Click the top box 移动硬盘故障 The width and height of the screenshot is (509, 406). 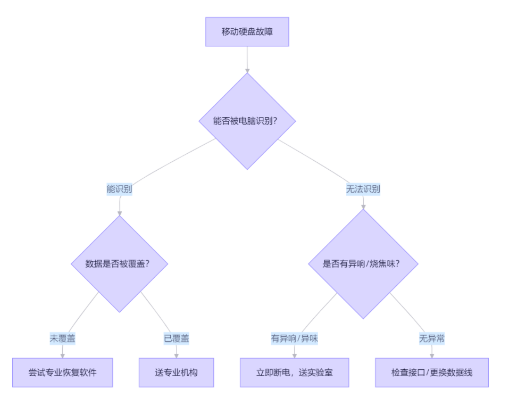pos(247,32)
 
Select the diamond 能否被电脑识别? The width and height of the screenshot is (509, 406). pos(247,121)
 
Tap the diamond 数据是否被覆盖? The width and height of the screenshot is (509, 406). pos(120,263)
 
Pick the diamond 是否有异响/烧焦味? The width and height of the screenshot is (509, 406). pos(363,263)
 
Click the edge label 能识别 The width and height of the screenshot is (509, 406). pos(120,189)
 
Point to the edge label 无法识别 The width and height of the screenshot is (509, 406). pos(363,189)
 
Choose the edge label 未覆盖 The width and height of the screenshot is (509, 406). pos(63,338)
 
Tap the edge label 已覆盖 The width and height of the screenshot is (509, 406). pos(176,338)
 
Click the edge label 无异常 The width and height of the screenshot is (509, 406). pos(431,338)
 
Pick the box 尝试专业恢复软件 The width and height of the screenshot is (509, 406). pos(63,372)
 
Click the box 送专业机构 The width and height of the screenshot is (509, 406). pos(176,372)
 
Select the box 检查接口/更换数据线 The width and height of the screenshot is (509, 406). pos(431,372)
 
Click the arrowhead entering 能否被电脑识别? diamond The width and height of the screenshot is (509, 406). pos(247,70)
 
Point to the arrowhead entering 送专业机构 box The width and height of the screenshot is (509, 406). pos(176,355)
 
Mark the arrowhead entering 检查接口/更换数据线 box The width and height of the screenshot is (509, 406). pos(431,355)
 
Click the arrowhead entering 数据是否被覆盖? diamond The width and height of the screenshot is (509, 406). pos(120,213)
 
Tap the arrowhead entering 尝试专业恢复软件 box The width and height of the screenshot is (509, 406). pos(63,355)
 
